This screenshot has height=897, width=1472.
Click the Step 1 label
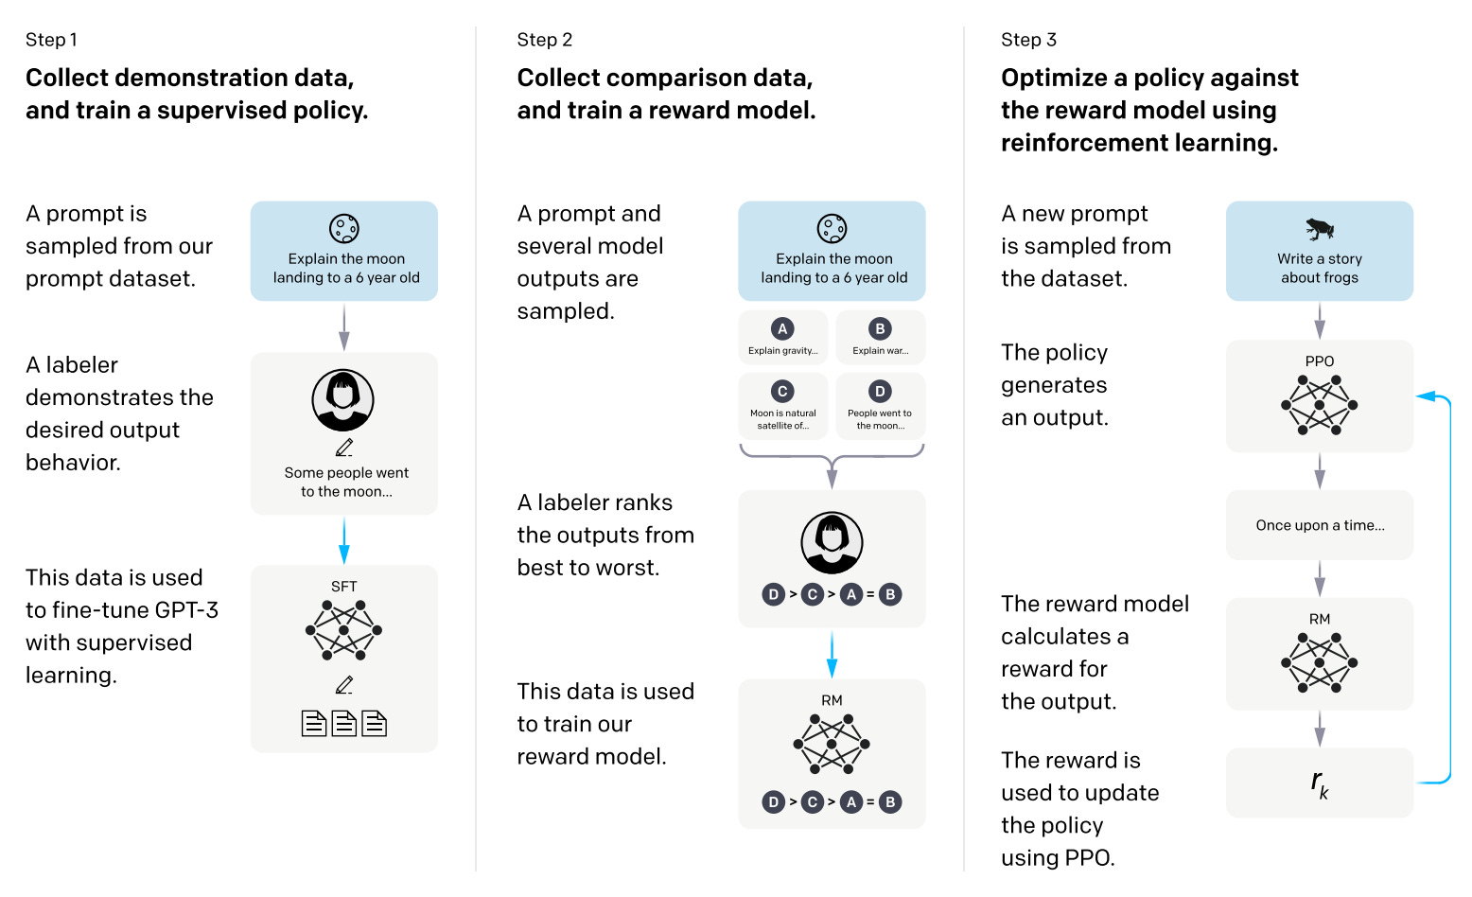point(51,40)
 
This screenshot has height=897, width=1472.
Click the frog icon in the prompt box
point(1319,228)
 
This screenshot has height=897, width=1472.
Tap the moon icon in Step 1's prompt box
point(343,228)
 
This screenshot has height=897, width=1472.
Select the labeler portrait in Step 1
point(342,400)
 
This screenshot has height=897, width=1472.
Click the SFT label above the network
point(343,587)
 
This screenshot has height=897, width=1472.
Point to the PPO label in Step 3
point(1319,361)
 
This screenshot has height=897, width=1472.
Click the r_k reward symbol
point(1319,783)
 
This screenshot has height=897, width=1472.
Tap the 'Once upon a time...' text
point(1319,525)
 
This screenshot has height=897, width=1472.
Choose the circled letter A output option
point(782,329)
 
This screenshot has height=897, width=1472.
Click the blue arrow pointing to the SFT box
point(343,541)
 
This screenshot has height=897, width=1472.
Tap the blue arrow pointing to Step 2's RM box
point(832,654)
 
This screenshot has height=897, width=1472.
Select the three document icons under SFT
point(343,724)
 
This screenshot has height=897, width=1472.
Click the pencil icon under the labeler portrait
point(343,448)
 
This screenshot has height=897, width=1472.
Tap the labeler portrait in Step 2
point(832,543)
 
